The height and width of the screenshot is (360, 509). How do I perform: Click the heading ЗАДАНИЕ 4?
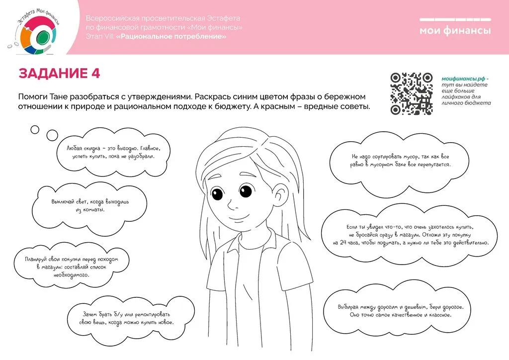coord(59,74)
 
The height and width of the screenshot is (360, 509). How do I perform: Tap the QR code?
coord(412,93)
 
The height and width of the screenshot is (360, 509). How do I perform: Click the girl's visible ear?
coord(280,195)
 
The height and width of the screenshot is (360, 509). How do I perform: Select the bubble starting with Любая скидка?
coord(113,153)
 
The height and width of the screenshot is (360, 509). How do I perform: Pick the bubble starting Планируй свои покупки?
coord(72,267)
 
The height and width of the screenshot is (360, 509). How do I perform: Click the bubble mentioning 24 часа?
coord(410,235)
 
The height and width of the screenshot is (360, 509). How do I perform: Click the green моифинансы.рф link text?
coord(464,79)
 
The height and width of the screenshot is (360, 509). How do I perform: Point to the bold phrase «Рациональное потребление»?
coord(171,36)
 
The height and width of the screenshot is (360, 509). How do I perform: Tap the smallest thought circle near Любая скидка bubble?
coord(35,130)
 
